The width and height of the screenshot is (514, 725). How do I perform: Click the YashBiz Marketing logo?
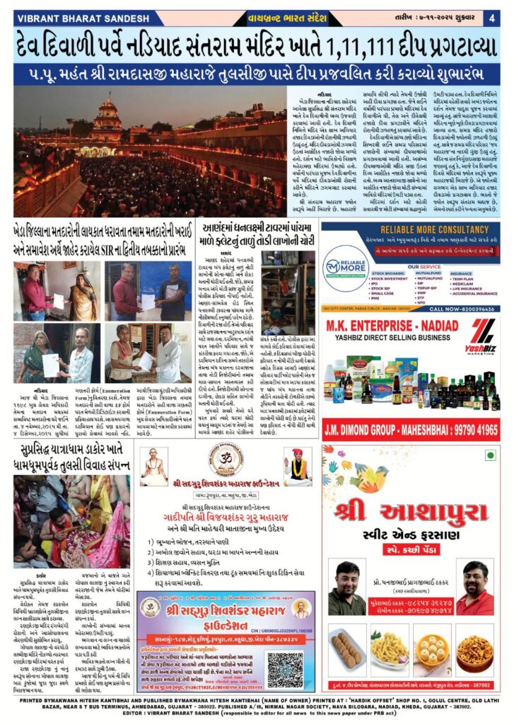(483, 336)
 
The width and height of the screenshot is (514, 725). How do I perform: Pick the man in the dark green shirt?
(347, 588)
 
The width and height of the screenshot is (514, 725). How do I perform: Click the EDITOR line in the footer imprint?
(257, 715)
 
